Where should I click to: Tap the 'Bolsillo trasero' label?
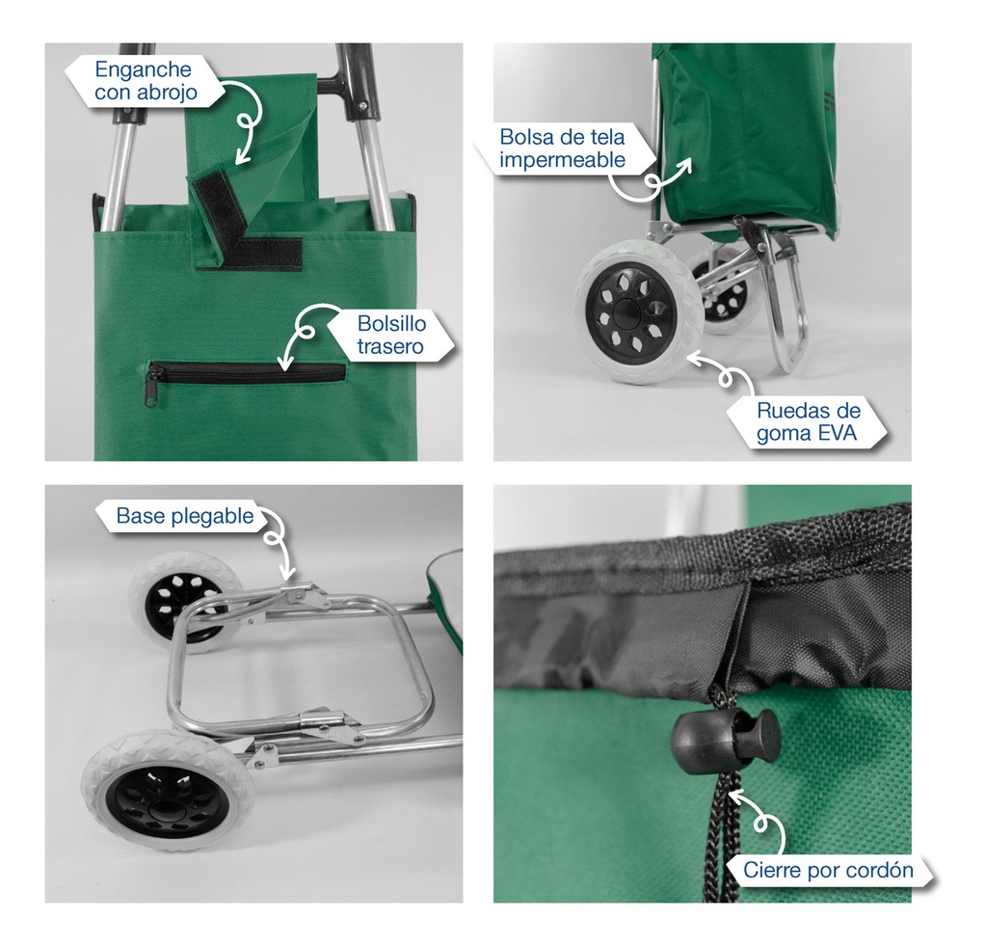tap(391, 335)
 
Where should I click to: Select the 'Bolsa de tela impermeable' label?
tap(562, 149)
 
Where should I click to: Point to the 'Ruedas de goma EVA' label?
tap(809, 422)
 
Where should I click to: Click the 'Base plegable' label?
tap(185, 516)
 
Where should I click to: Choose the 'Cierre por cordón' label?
tap(828, 870)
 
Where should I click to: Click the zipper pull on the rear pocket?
tap(153, 389)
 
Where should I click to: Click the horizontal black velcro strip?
tap(271, 254)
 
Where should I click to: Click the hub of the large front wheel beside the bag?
tap(626, 311)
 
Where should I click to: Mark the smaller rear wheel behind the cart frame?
tap(724, 289)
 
